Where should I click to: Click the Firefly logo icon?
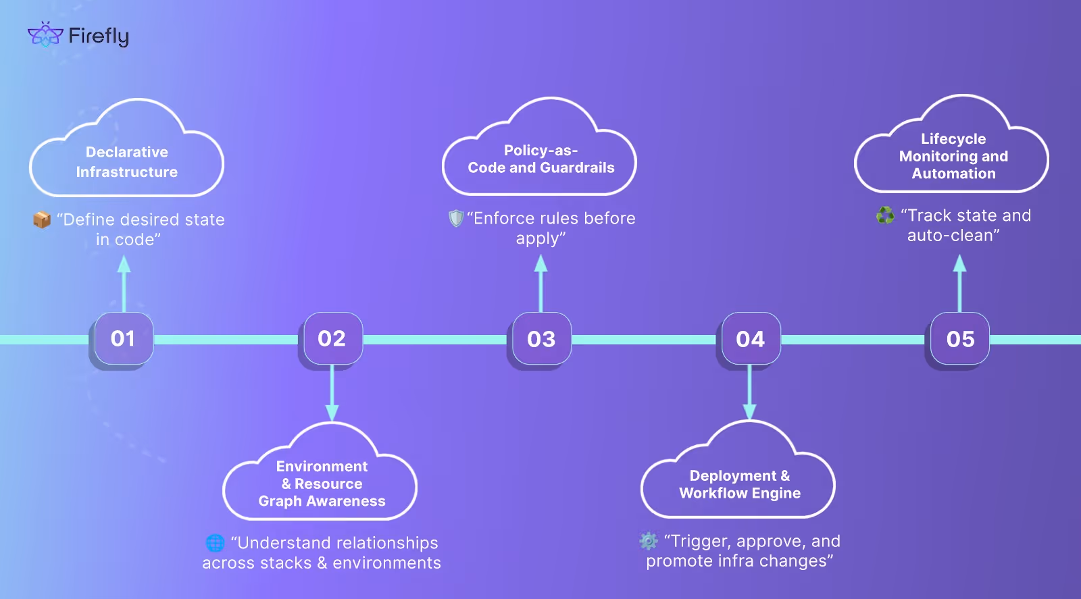pyautogui.click(x=45, y=34)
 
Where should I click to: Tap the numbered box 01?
pyautogui.click(x=122, y=338)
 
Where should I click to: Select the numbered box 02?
pyautogui.click(x=331, y=338)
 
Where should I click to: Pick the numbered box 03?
pyautogui.click(x=540, y=338)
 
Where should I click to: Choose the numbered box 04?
pyautogui.click(x=749, y=338)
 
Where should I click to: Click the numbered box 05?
pyautogui.click(x=959, y=338)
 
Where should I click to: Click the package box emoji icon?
pyautogui.click(x=42, y=220)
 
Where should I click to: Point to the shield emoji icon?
pyautogui.click(x=456, y=218)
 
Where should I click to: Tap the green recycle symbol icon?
pyautogui.click(x=885, y=215)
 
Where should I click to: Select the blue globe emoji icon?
pyautogui.click(x=215, y=543)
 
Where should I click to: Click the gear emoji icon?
pyautogui.click(x=649, y=541)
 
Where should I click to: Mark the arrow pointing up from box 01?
pyautogui.click(x=124, y=284)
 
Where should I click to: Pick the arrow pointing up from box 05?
pyautogui.click(x=959, y=284)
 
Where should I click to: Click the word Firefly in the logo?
pyautogui.click(x=99, y=36)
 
